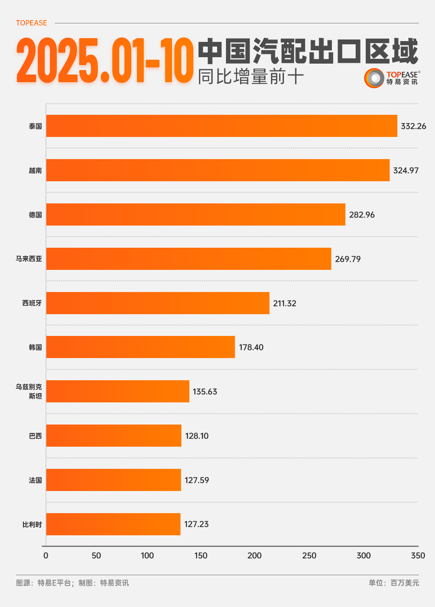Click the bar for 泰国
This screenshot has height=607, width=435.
222,126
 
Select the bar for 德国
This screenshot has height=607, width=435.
196,214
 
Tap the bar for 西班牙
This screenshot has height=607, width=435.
157,303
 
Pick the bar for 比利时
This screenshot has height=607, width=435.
113,524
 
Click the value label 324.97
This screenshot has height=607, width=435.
406,170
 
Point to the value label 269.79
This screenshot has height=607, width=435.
348,259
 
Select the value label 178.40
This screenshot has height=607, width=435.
251,347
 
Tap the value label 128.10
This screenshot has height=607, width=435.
197,436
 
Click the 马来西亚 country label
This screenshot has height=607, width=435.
29,259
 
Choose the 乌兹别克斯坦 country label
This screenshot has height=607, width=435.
29,391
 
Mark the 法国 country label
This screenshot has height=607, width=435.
35,480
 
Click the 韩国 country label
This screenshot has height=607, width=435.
35,347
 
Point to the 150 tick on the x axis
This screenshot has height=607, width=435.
201,555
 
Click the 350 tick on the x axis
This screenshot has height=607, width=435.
418,555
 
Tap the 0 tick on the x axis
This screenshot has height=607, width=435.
46,555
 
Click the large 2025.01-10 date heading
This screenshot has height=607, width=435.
105,61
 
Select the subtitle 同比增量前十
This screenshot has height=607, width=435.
251,77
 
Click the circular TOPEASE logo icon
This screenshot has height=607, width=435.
374,78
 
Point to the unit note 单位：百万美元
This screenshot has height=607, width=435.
394,583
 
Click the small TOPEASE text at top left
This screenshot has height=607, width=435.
31,23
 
